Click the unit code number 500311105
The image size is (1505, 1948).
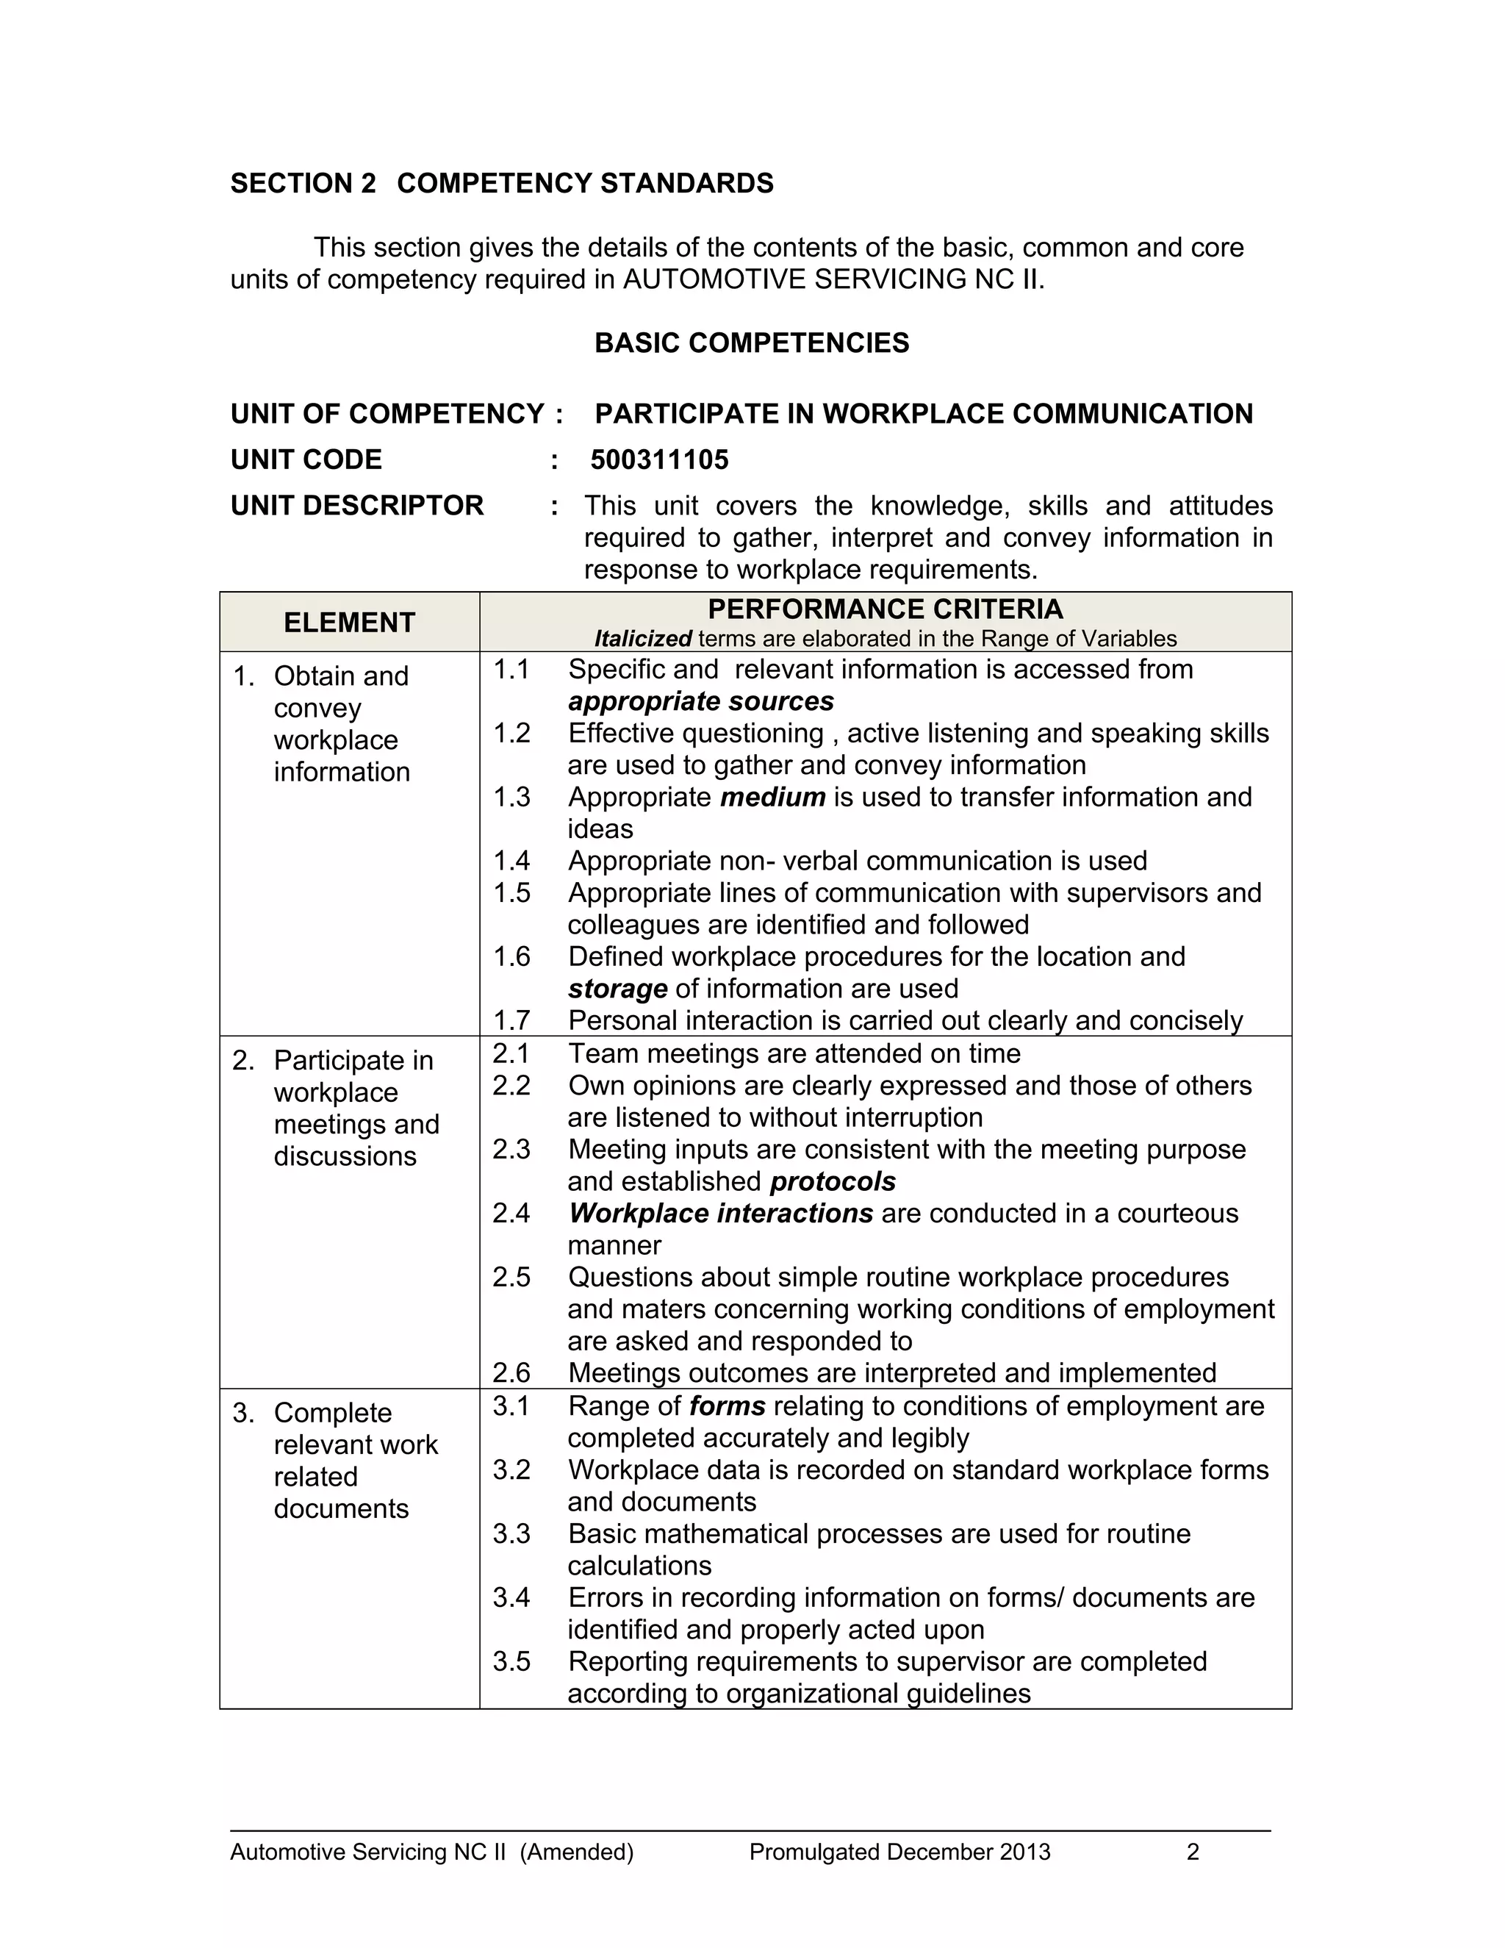(659, 460)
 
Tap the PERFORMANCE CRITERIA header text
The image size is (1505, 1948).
(885, 609)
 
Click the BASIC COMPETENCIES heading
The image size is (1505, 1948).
(752, 343)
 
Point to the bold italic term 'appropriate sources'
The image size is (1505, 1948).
(701, 702)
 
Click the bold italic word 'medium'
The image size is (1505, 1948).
(772, 798)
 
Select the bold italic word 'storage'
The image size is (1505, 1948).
(617, 989)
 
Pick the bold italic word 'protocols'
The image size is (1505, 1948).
(833, 1182)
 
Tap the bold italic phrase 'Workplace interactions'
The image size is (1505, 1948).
(720, 1214)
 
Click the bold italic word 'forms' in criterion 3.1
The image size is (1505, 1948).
(728, 1406)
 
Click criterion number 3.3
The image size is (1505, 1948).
(511, 1534)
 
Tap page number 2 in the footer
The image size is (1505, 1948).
(1193, 1853)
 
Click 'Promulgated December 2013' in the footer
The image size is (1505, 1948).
(899, 1853)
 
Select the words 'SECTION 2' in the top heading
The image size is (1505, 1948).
(303, 184)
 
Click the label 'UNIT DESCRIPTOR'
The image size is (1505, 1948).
(356, 506)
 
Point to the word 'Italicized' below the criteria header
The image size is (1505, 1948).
(643, 640)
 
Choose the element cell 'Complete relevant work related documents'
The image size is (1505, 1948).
(355, 1461)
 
